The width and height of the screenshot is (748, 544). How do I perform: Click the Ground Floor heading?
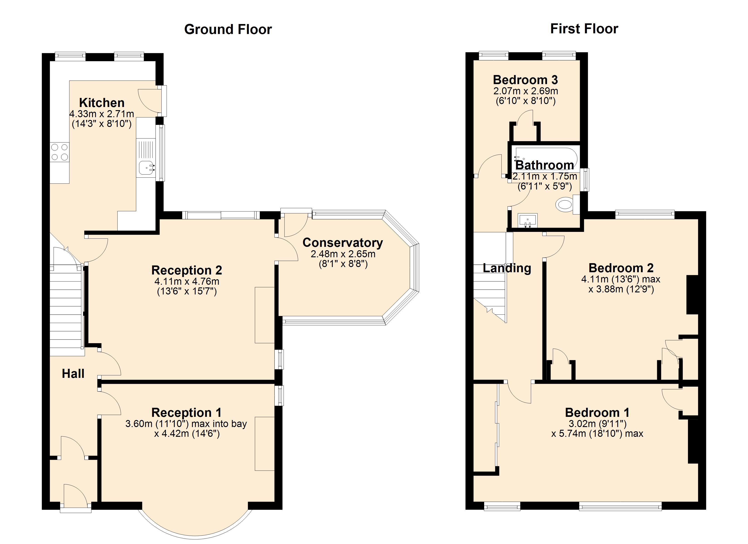(228, 29)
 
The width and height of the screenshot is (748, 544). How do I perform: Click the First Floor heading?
(584, 29)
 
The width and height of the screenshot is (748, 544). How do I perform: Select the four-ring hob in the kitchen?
(60, 152)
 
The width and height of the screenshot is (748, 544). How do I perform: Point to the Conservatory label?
(343, 243)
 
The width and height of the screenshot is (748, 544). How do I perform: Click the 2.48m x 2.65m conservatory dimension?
(343, 254)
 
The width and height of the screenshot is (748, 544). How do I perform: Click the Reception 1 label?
(186, 412)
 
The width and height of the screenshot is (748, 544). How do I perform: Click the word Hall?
(73, 374)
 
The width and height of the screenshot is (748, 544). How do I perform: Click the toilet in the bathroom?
(565, 204)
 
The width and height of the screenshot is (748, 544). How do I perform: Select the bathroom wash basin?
(528, 220)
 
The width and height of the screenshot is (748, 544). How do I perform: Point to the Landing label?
(507, 268)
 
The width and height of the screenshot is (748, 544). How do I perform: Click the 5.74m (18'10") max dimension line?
(597, 433)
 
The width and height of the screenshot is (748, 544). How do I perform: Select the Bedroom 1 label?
(597, 412)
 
